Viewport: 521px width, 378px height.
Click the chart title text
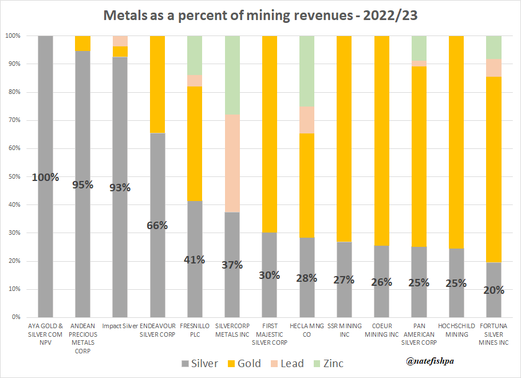coord(260,15)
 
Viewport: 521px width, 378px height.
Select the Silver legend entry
coord(200,364)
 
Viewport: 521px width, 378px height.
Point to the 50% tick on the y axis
coord(13,176)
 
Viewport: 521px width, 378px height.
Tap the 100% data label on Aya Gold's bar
coord(45,177)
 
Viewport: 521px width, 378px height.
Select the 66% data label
coord(157,225)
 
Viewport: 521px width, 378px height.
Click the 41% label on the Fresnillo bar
coord(195,259)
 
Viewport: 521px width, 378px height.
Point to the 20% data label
coord(494,290)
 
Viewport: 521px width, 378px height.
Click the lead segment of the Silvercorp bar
coord(232,163)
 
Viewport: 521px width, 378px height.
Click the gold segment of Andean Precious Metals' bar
coord(82,44)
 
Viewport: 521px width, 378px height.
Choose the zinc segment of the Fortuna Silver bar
coord(494,47)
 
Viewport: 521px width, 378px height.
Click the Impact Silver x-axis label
coord(120,326)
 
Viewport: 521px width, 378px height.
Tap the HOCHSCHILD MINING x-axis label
coord(456,330)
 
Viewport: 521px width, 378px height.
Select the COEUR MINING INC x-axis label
coord(381,330)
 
